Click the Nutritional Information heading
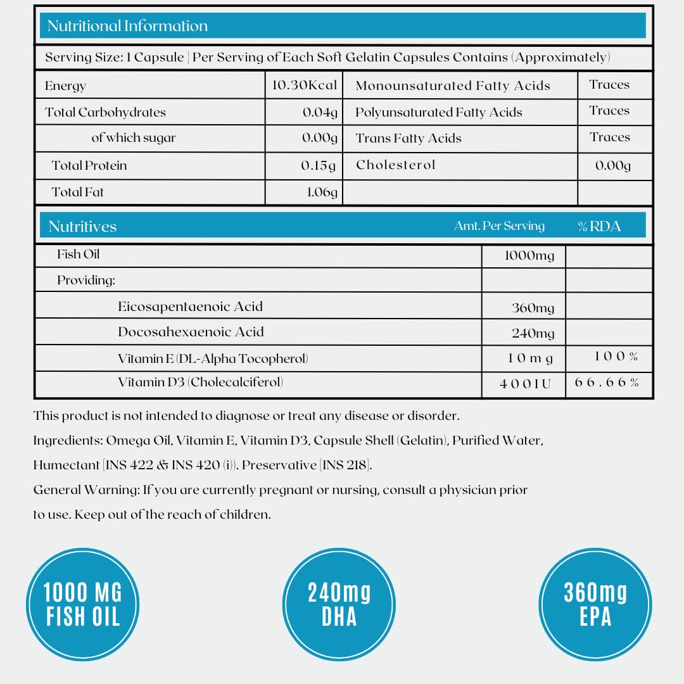pyautogui.click(x=127, y=26)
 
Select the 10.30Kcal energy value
pyautogui.click(x=304, y=85)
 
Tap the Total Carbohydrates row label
pyautogui.click(x=105, y=113)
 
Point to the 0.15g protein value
pyautogui.click(x=319, y=165)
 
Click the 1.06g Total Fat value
pyautogui.click(x=322, y=192)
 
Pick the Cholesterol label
pyautogui.click(x=396, y=165)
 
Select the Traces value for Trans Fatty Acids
pyautogui.click(x=609, y=137)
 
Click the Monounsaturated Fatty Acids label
pyautogui.click(x=453, y=85)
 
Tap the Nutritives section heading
pyautogui.click(x=82, y=226)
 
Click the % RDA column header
pyautogui.click(x=599, y=226)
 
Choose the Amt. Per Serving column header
pyautogui.click(x=499, y=225)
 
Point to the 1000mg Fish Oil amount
pyautogui.click(x=529, y=255)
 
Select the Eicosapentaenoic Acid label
pyautogui.click(x=190, y=307)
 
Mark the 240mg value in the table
pyautogui.click(x=533, y=333)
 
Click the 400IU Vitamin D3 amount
pyautogui.click(x=526, y=384)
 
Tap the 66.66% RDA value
pyautogui.click(x=607, y=383)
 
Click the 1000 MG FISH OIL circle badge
pyautogui.click(x=82, y=604)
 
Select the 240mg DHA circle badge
pyautogui.click(x=339, y=604)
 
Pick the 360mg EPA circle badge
pyautogui.click(x=595, y=604)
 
